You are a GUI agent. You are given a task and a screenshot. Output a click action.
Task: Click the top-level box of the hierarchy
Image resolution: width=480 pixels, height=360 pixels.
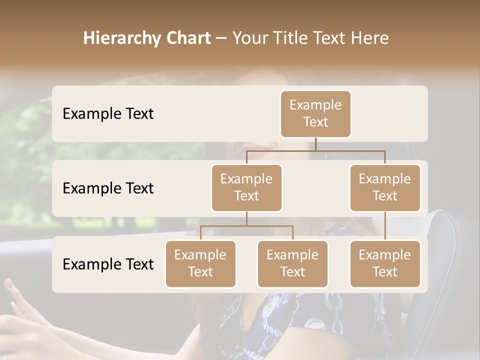[x=315, y=113]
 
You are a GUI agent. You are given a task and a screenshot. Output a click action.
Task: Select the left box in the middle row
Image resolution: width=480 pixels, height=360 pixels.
[x=246, y=187]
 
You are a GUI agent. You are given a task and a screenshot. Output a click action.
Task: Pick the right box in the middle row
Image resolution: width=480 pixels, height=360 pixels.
[x=385, y=187]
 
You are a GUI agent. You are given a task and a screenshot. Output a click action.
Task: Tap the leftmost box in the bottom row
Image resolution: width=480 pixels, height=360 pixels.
[x=200, y=263]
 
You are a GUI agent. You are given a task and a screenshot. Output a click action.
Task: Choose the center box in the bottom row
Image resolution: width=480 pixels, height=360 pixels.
[x=292, y=263]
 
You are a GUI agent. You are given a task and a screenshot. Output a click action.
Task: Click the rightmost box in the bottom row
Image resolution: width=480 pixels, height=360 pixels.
[x=385, y=263]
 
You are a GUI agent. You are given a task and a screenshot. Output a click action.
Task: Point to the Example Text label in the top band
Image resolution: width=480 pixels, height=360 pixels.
[x=108, y=114]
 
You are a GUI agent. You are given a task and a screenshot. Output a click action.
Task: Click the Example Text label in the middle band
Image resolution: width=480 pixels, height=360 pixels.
[x=108, y=188]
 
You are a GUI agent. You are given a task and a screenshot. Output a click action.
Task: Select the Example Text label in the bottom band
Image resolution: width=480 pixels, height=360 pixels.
[x=108, y=264]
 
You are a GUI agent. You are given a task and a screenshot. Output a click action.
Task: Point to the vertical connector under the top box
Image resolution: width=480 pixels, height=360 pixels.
[x=315, y=144]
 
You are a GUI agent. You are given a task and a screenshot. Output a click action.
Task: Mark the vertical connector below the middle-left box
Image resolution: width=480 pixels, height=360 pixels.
[x=246, y=218]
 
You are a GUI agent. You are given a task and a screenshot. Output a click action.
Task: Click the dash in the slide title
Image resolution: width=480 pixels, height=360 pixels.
[x=221, y=38]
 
